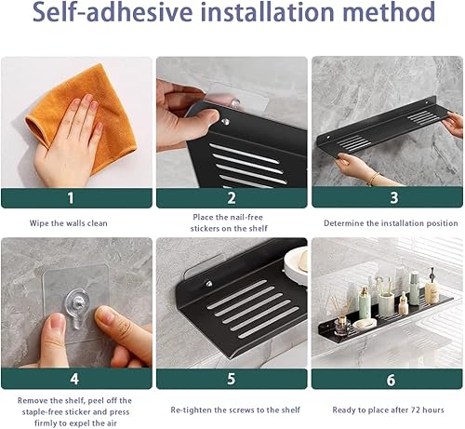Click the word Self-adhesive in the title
[x=113, y=12]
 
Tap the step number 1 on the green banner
[x=71, y=198]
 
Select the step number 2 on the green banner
[x=232, y=198]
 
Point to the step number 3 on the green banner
[x=393, y=198]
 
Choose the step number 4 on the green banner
[x=74, y=379]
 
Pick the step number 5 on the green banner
[x=232, y=379]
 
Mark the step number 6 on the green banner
[x=391, y=380]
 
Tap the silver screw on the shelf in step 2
[x=226, y=122]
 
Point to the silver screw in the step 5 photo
[x=209, y=284]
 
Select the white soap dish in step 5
[x=296, y=263]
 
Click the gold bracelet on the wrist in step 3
[x=374, y=179]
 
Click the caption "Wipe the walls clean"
[x=69, y=223]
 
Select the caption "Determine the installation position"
[x=391, y=223]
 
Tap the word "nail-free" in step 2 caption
[x=246, y=217]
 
